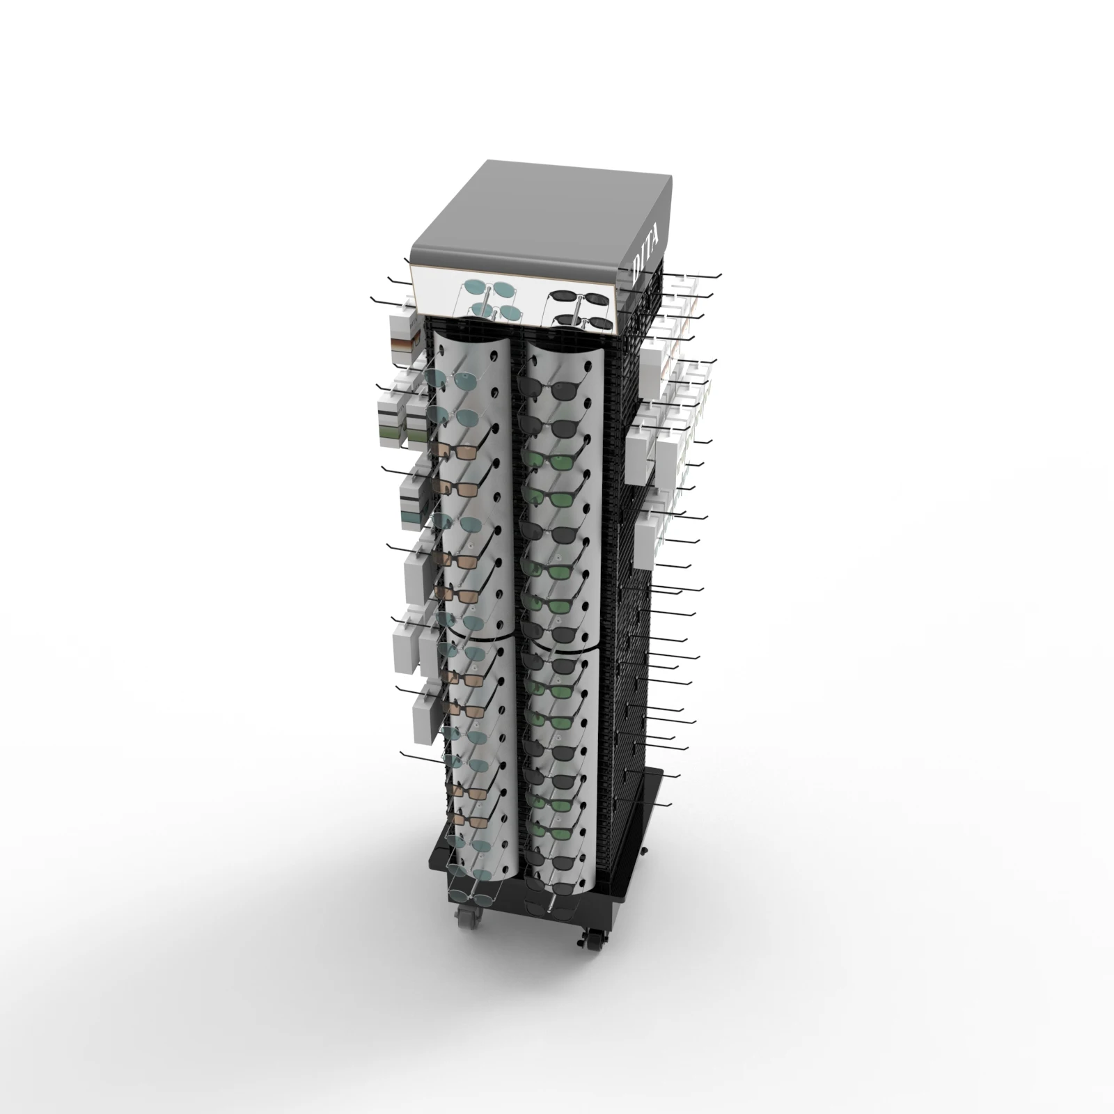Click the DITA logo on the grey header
click(647, 259)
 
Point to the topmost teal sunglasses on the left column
click(446, 379)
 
